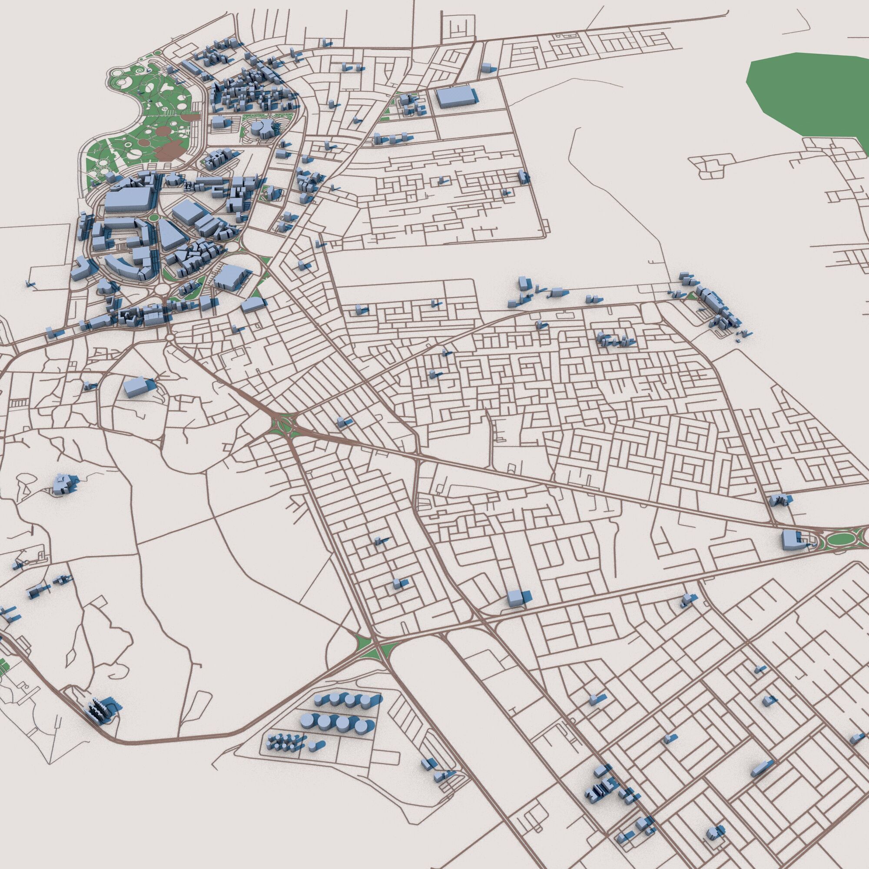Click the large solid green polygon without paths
pos(809,94)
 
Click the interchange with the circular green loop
pos(281,423)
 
